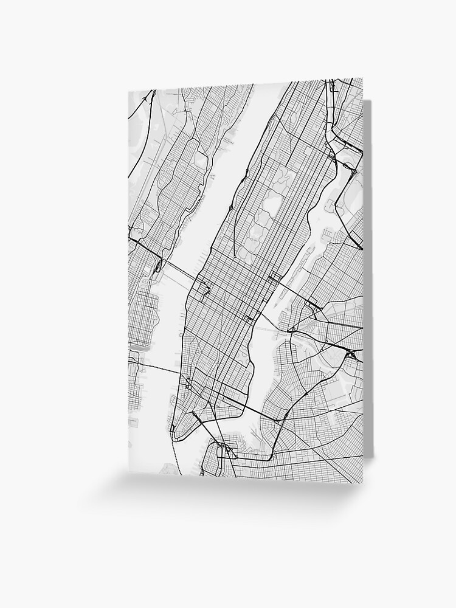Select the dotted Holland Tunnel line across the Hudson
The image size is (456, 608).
pyautogui.click(x=161, y=369)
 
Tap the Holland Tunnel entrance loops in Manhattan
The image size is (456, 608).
pyautogui.click(x=190, y=384)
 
